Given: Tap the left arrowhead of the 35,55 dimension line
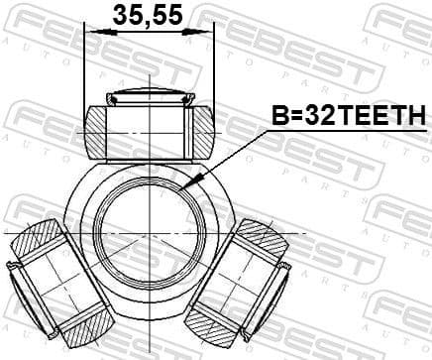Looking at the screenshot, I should click(91, 32).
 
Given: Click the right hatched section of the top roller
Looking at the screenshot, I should click(201, 129).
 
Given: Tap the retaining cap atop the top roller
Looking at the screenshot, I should click(149, 96).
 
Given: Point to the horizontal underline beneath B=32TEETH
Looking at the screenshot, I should click(347, 132).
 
